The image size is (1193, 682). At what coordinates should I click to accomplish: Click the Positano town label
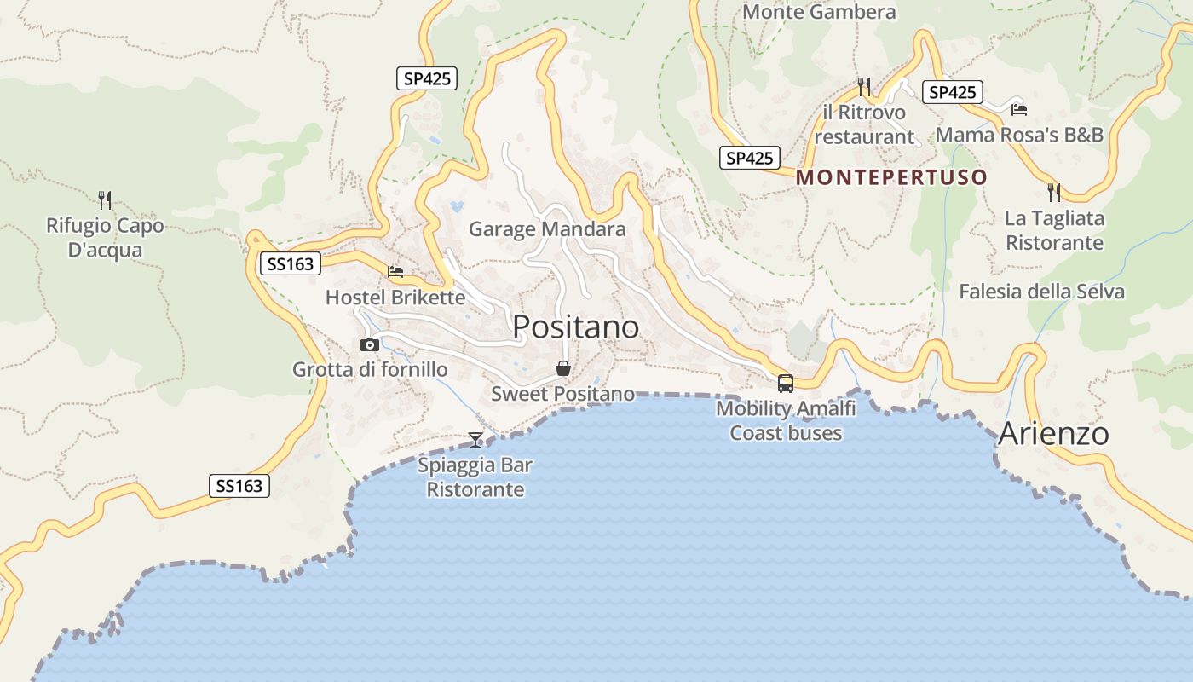[575, 327]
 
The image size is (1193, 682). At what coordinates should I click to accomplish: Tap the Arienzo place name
[1053, 434]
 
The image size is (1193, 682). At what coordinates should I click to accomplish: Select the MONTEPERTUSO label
[891, 178]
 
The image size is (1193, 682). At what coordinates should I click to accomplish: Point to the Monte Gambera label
[819, 12]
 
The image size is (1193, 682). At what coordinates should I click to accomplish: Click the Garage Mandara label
[547, 229]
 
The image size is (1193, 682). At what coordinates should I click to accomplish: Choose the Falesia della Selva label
[1041, 292]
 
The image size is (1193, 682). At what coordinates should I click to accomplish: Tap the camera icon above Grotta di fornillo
[369, 345]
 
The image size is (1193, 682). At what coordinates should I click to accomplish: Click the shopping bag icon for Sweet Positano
[562, 368]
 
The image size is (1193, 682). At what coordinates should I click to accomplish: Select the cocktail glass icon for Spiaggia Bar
[475, 440]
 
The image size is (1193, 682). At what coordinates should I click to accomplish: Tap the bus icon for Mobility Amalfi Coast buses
[785, 384]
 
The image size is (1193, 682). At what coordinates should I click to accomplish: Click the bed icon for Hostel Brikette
[395, 272]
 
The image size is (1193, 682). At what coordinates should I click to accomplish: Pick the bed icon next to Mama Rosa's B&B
[1018, 109]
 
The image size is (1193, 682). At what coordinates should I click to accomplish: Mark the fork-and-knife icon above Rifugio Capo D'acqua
[105, 200]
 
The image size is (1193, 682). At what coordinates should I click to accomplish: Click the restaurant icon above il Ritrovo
[864, 87]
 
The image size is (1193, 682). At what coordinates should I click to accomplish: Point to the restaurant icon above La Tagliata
[1054, 193]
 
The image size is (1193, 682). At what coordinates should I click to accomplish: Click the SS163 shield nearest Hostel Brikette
[291, 264]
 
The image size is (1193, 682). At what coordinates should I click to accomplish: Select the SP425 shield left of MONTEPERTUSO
[750, 158]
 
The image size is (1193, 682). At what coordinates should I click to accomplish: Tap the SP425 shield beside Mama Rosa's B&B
[951, 92]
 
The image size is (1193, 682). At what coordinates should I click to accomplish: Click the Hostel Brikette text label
[395, 298]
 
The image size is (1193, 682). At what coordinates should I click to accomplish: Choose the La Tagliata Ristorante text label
[1054, 230]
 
